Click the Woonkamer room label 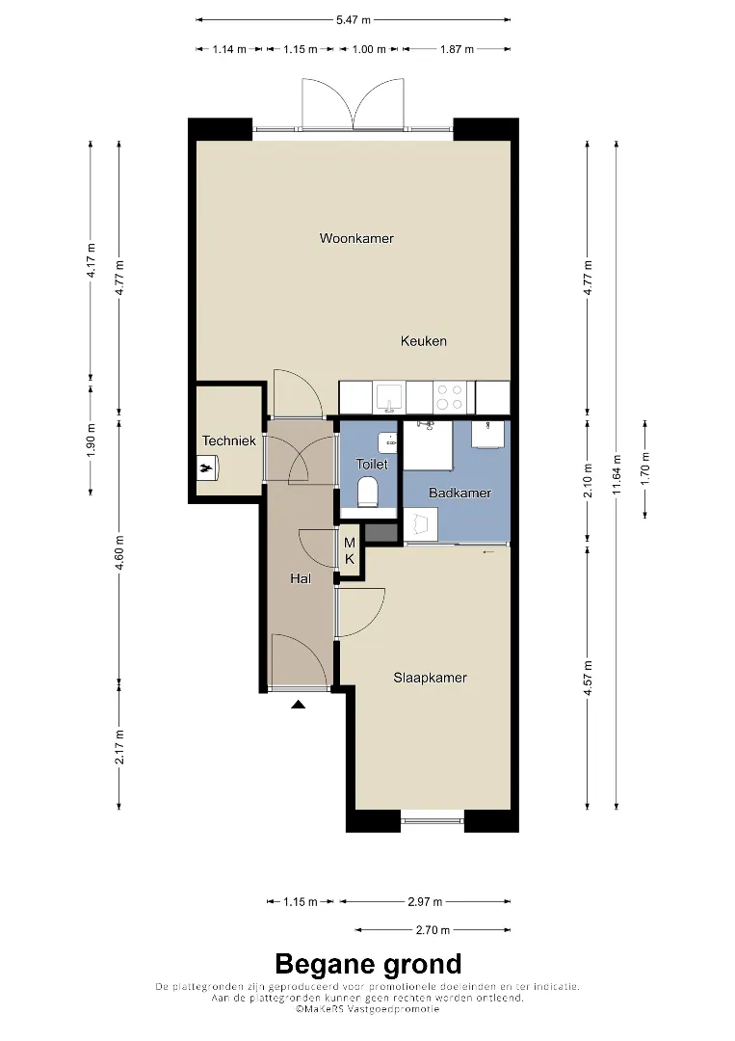click(x=356, y=238)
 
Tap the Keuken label click(x=423, y=341)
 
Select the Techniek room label click(x=229, y=440)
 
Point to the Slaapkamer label click(x=430, y=678)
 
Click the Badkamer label click(x=459, y=493)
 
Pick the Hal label click(x=301, y=579)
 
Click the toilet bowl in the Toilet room click(x=367, y=494)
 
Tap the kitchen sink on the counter click(x=389, y=398)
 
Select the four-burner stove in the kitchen click(x=449, y=397)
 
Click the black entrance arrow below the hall click(x=298, y=705)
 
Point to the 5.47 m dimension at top click(x=353, y=20)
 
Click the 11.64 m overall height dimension click(x=617, y=474)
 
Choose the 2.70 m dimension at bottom click(x=433, y=930)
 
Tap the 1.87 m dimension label click(x=457, y=49)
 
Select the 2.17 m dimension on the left click(x=119, y=747)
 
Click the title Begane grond click(x=368, y=964)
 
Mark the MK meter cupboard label click(x=349, y=551)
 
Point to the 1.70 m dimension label click(x=645, y=467)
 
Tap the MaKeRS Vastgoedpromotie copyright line click(x=368, y=1009)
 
